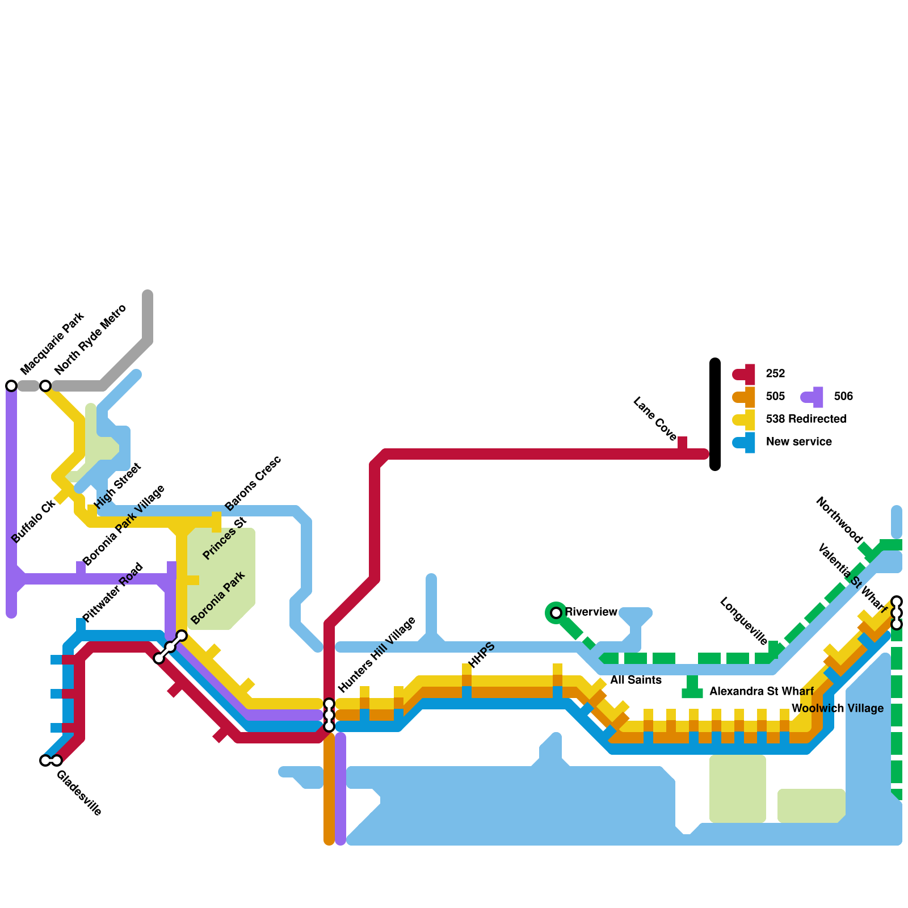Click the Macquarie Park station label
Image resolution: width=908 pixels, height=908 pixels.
[52, 343]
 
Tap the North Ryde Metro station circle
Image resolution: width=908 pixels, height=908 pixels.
[45, 386]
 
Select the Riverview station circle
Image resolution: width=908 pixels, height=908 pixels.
[556, 613]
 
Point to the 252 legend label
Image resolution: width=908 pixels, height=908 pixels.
[775, 373]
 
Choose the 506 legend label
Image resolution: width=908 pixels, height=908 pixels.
[843, 396]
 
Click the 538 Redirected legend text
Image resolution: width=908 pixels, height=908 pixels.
[806, 419]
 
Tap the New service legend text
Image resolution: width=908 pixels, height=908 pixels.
[798, 442]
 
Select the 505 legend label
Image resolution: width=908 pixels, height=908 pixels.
[775, 396]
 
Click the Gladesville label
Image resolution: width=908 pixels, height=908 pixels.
[79, 793]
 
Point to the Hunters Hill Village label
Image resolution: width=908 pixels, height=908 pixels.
[377, 654]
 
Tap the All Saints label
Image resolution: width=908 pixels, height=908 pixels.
[636, 680]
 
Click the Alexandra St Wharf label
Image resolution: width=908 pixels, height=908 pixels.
[762, 691]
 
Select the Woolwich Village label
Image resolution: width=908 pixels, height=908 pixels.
[837, 708]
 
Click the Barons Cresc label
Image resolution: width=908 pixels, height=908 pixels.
[253, 483]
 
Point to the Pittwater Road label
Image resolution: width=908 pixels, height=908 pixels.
[112, 592]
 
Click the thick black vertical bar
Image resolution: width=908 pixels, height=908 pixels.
[715, 414]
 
